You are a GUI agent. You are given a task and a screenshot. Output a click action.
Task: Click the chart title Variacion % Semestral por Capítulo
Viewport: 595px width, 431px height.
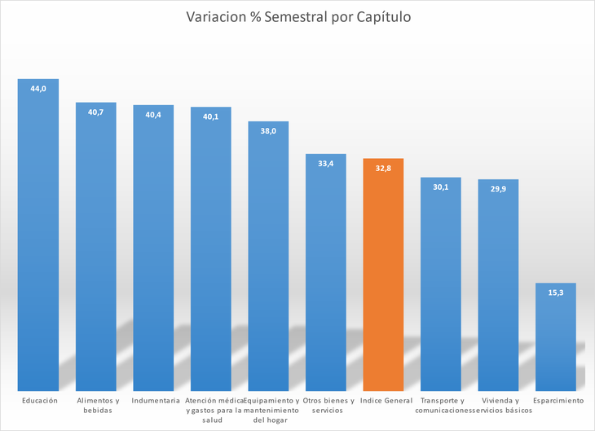(297, 17)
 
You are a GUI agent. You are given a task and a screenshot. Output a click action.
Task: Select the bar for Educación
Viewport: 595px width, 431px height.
(38, 236)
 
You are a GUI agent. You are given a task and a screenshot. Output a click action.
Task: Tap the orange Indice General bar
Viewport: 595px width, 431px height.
(383, 277)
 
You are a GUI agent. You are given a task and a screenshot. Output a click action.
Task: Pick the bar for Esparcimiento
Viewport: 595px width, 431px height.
(555, 338)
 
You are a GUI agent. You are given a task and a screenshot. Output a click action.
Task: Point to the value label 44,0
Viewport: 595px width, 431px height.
(38, 88)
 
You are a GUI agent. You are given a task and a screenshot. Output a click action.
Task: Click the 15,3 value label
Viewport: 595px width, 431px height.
(555, 292)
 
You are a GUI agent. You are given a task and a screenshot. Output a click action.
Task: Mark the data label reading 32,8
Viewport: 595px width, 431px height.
(383, 168)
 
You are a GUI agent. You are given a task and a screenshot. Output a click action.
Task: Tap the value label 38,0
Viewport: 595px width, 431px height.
(268, 130)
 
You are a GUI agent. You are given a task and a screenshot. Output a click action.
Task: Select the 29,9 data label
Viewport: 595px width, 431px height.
(498, 189)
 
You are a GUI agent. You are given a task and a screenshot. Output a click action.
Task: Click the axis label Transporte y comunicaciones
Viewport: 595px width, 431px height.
(441, 406)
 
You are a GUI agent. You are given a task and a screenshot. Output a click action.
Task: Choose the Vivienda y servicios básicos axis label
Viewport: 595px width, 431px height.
(498, 406)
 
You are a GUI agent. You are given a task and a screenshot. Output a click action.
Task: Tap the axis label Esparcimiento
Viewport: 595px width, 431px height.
(558, 401)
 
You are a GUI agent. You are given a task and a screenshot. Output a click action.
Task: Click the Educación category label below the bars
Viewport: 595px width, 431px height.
(40, 401)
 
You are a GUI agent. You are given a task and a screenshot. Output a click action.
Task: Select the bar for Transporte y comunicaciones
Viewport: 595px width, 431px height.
(441, 285)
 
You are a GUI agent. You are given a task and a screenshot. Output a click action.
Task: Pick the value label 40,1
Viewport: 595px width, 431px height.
(211, 117)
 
